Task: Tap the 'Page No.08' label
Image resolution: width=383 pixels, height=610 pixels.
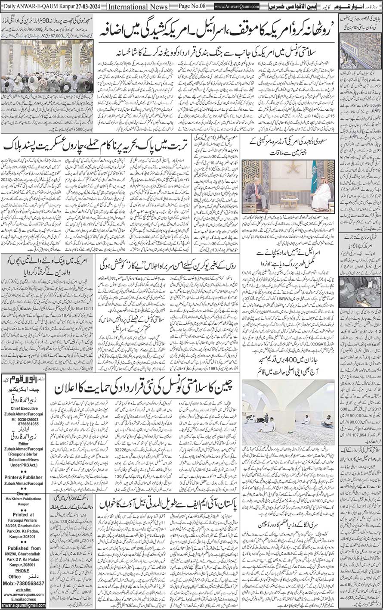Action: (x=192, y=7)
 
